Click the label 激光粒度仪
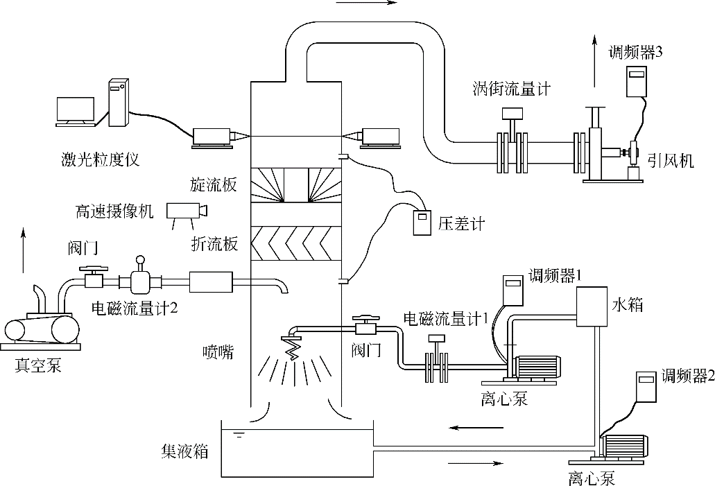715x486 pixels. click(x=100, y=160)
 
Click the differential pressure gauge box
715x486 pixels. click(x=420, y=221)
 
